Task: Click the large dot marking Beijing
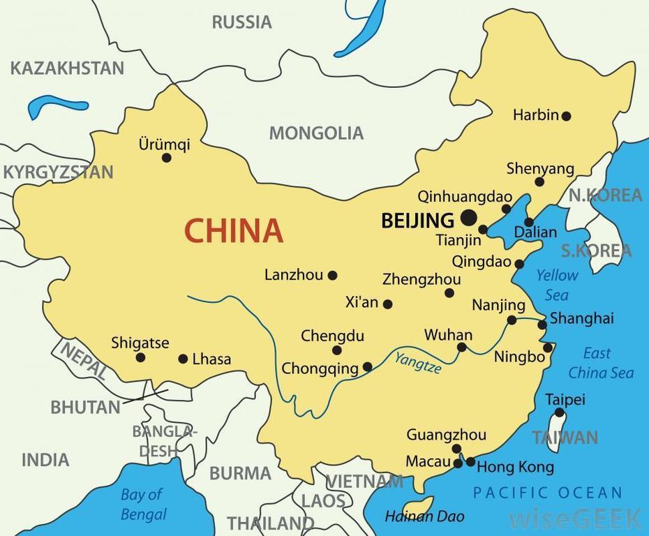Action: [468, 217]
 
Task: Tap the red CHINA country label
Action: [233, 230]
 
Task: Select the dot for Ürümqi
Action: [167, 158]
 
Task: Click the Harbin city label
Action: [535, 115]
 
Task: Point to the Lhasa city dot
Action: [183, 359]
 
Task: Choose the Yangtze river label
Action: [418, 364]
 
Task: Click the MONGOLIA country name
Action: [316, 133]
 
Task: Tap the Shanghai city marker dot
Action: [542, 325]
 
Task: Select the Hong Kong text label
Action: [515, 467]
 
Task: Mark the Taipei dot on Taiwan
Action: [559, 412]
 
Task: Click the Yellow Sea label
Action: [557, 285]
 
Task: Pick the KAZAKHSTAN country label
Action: [67, 68]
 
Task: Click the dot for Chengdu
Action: [337, 350]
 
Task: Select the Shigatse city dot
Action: [140, 357]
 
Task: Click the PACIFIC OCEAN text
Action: [547, 493]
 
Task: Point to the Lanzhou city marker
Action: [333, 276]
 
